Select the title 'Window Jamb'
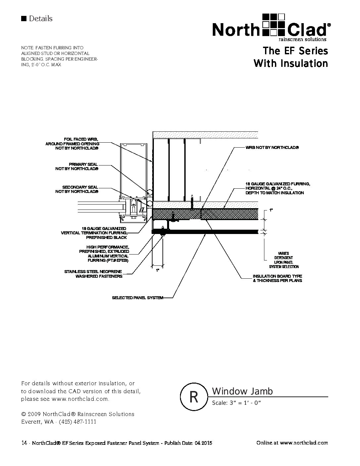pos(242,391)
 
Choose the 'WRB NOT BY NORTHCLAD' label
pos(272,147)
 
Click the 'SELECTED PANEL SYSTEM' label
pos(138,298)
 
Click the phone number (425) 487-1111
pos(78,422)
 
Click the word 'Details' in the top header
pos(40,19)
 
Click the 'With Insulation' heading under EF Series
pos(291,63)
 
